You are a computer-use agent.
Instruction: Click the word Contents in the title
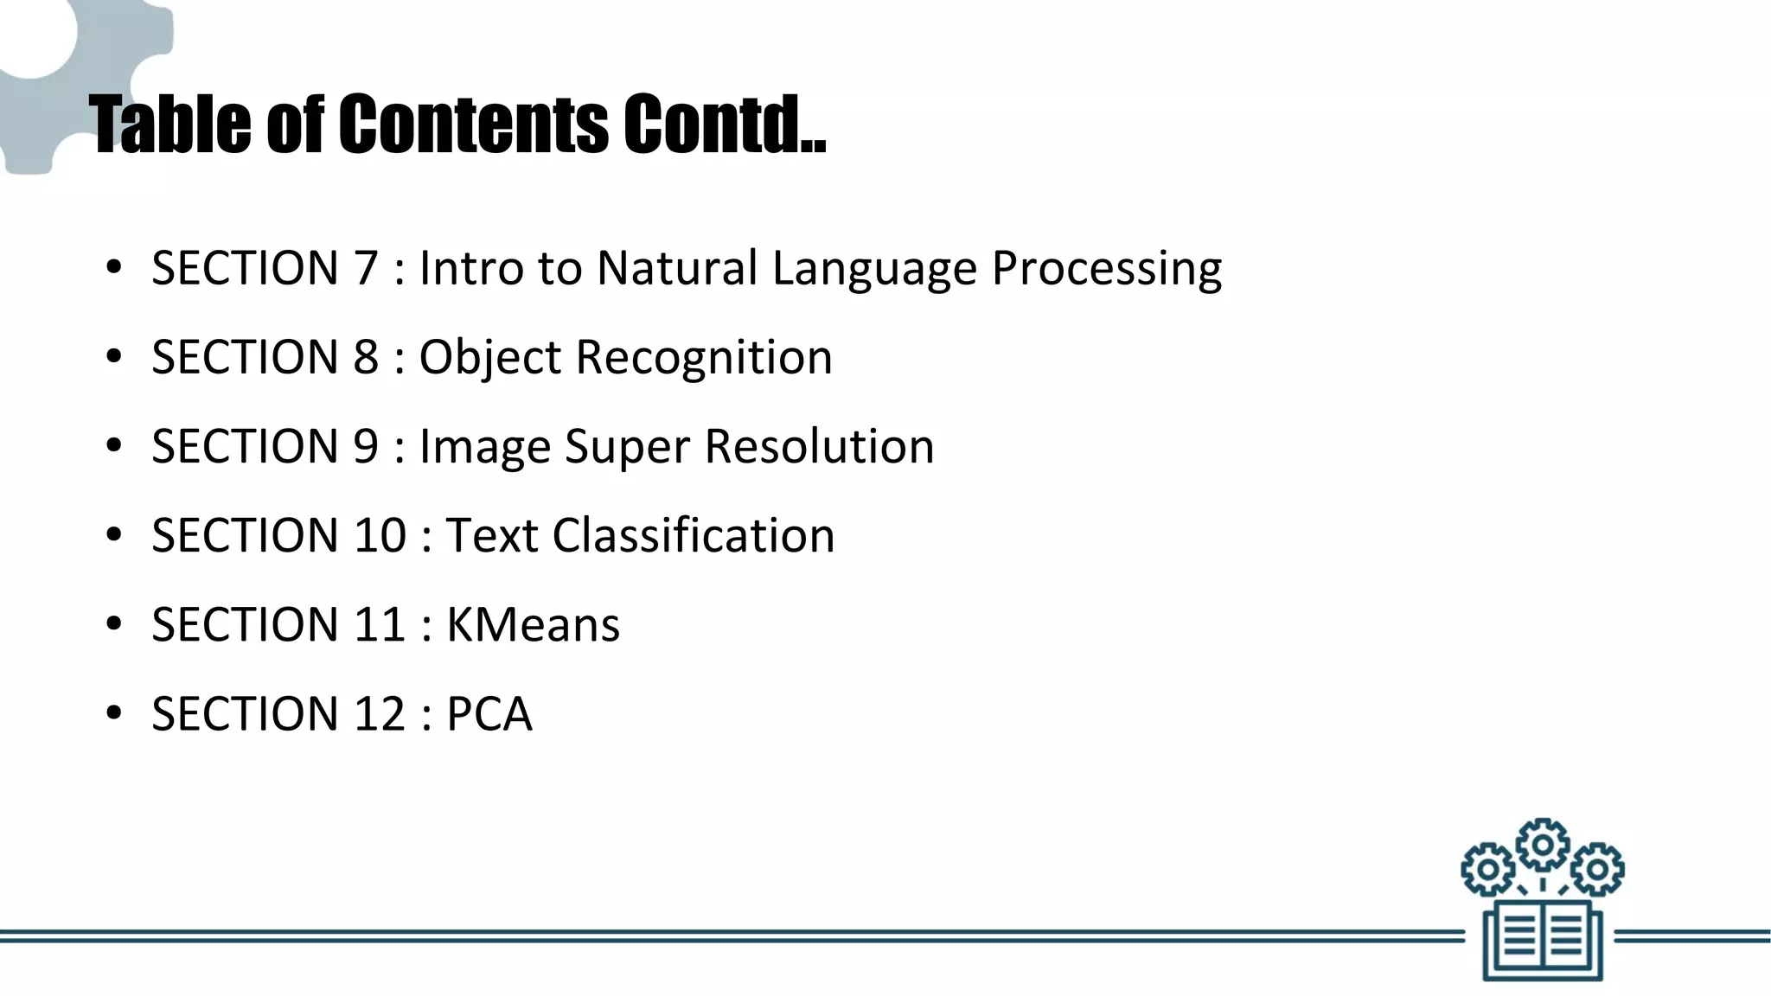[x=473, y=124]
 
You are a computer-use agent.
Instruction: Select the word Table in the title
[x=170, y=124]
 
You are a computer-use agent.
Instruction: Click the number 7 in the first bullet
[x=366, y=268]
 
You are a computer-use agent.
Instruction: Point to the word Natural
[x=676, y=268]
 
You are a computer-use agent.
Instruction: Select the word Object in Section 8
[x=490, y=358]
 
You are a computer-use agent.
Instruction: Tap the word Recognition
[x=704, y=358]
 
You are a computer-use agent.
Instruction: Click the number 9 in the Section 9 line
[x=366, y=446]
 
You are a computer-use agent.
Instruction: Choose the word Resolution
[x=819, y=446]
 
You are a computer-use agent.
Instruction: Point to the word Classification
[x=694, y=535]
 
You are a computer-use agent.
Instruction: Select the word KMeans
[x=533, y=624]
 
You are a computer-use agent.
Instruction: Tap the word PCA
[x=489, y=713]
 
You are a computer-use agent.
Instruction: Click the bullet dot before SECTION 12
[x=113, y=714]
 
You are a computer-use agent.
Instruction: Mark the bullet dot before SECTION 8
[x=113, y=358]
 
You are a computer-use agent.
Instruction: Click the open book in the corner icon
[x=1543, y=940]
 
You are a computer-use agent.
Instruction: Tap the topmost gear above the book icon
[x=1543, y=844]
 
